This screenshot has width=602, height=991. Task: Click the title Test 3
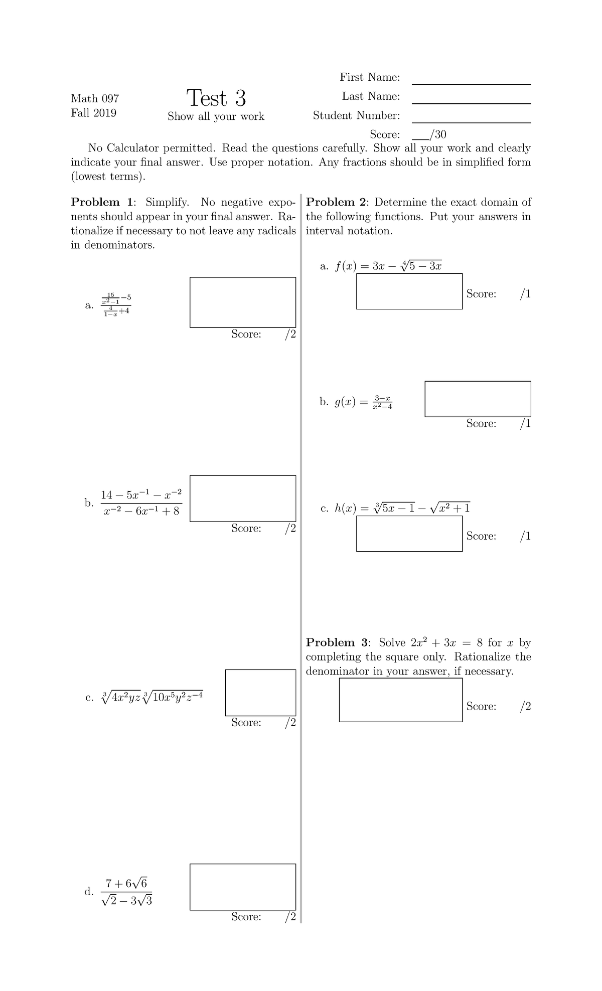[216, 98]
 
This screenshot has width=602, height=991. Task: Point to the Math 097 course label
[95, 98]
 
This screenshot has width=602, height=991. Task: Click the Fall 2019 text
[93, 113]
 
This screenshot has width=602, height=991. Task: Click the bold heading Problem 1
[103, 202]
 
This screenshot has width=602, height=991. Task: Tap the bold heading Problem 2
[338, 202]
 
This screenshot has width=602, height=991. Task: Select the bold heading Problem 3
[338, 642]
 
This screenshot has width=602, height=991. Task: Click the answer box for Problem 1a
[243, 302]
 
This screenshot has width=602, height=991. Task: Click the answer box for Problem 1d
[243, 887]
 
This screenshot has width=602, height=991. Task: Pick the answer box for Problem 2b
[478, 399]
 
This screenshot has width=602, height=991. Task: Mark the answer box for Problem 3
[400, 700]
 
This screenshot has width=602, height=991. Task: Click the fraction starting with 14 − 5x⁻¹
[141, 503]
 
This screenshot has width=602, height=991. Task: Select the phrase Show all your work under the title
[216, 116]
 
